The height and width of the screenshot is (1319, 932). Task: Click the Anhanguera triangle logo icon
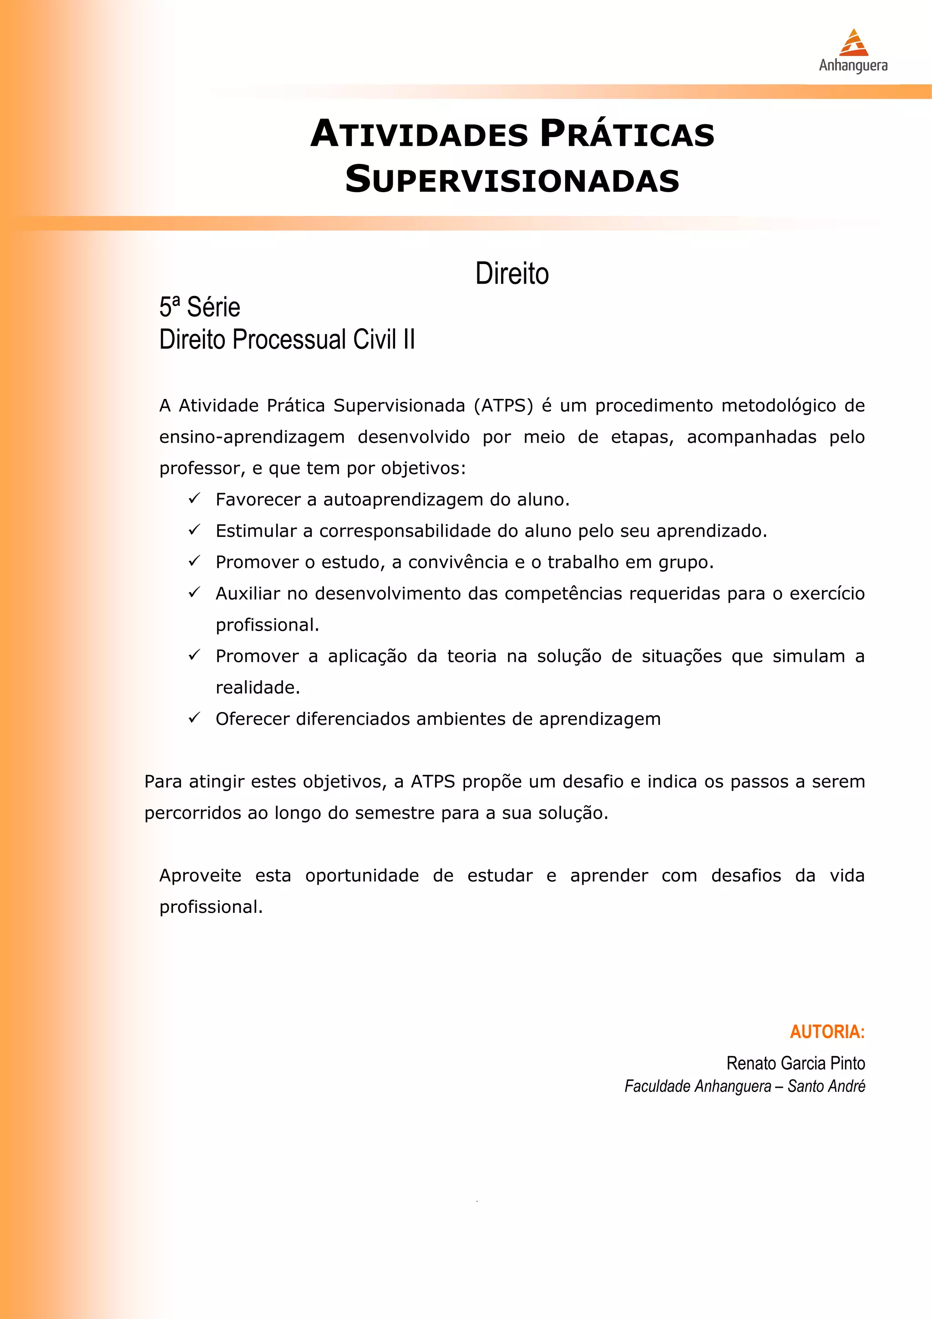853,42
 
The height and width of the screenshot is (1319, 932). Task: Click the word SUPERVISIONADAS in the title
512,179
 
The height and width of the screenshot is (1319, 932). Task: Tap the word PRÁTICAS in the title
627,134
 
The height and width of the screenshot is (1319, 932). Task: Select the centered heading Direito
512,274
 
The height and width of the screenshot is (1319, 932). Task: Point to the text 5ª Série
199,307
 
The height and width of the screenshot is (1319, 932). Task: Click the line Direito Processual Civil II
287,340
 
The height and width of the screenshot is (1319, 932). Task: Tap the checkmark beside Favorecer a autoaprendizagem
194,498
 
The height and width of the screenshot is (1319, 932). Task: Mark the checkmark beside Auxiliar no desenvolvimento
194,592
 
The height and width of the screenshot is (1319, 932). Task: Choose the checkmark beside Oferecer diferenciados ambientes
194,718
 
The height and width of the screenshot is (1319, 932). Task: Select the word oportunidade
362,876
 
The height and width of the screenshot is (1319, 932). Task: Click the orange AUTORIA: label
827,1032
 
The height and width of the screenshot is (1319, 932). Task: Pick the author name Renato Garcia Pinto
795,1064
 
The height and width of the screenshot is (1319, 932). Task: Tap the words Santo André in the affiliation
826,1087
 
